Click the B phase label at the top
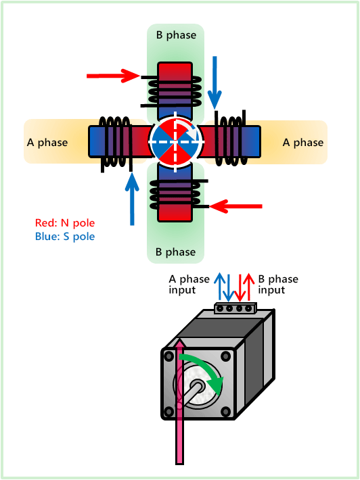coord(175,35)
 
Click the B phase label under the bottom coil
coord(175,252)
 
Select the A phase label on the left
coord(47,143)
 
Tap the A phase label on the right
coord(303,143)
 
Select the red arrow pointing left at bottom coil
coord(236,205)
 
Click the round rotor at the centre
coord(175,143)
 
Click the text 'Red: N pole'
coord(65,223)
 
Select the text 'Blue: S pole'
coord(65,237)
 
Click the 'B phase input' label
coord(278,285)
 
